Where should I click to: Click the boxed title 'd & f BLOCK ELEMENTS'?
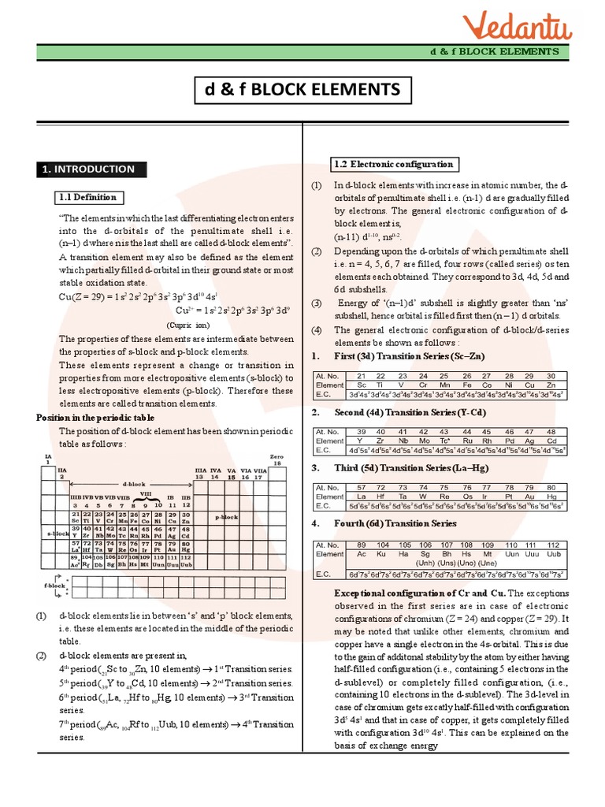coord(302,91)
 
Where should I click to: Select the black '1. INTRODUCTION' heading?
coord(87,169)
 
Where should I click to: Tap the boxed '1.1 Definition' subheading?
coord(88,198)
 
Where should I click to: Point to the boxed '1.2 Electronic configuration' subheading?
coord(394,164)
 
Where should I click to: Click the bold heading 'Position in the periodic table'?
coord(95,418)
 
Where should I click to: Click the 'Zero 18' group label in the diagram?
coord(276,459)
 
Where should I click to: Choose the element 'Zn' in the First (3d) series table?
coord(551,385)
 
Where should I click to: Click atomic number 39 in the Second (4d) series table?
coord(361,432)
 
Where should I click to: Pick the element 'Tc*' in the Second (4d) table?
coord(444,441)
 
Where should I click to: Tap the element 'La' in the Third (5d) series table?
coord(361,498)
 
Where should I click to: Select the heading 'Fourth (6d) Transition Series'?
coord(395,523)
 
